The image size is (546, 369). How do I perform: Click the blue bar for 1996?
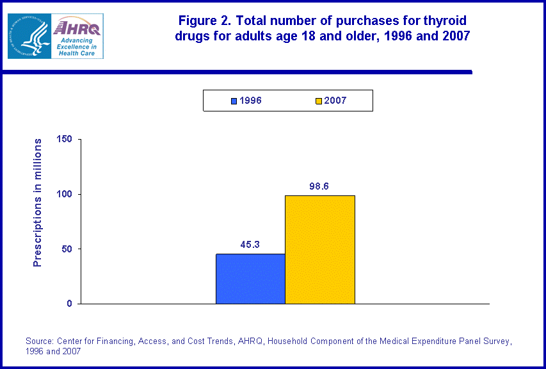250,279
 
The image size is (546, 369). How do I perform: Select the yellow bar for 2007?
319,249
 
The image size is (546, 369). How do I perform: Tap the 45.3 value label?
250,244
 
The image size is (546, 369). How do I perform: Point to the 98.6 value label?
319,186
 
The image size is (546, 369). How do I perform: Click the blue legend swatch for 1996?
234,101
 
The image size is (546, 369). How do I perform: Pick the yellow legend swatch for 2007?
319,101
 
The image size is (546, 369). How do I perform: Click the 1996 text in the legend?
250,101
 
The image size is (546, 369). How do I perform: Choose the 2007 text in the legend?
335,101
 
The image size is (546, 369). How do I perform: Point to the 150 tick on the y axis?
65,139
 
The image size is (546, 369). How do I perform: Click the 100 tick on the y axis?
65,194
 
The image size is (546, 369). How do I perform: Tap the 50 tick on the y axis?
67,249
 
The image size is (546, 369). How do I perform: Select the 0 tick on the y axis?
69,304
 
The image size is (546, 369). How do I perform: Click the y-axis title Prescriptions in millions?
38,202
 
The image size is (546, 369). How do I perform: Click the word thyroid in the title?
449,21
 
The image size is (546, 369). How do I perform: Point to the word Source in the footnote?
40,341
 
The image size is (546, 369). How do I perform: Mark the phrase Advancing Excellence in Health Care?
76,47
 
